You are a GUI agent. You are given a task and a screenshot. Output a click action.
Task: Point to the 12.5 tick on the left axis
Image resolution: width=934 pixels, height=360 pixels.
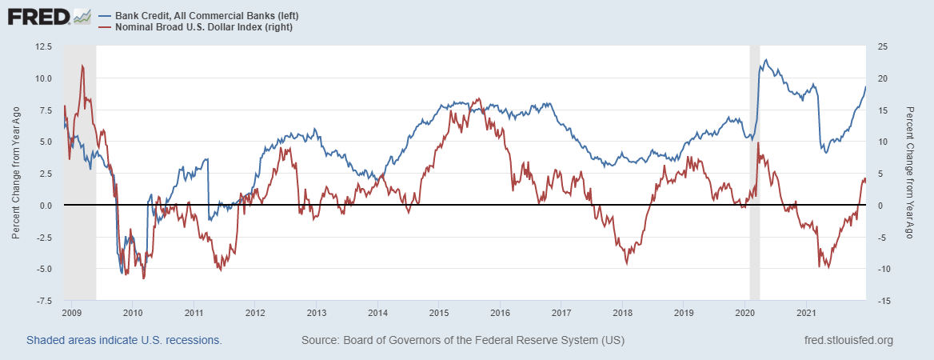[42, 46]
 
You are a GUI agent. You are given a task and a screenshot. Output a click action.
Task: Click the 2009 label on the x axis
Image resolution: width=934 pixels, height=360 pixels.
[71, 312]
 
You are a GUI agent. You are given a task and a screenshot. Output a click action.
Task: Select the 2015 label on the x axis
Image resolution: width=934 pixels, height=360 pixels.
[438, 312]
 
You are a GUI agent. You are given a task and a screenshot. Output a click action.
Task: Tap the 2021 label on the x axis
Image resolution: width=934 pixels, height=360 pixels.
[806, 312]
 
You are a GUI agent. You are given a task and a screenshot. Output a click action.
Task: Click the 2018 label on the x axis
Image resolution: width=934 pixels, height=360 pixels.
[622, 312]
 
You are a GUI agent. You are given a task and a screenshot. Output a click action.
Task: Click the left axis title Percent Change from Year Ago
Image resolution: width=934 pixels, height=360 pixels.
[16, 174]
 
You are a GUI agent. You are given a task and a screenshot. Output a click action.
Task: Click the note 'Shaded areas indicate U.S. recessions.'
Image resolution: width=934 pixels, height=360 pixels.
[124, 341]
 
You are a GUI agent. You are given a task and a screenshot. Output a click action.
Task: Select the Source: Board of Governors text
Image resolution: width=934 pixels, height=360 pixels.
[463, 341]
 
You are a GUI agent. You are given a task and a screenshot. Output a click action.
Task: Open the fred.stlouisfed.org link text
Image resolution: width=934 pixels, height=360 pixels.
[847, 341]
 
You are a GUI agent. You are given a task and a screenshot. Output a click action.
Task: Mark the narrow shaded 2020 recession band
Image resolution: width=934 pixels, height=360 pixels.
[754, 174]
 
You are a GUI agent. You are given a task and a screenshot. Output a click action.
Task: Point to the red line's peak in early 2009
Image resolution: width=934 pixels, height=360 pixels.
[82, 66]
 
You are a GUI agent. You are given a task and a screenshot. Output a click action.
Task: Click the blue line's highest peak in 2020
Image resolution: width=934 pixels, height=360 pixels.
[766, 60]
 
